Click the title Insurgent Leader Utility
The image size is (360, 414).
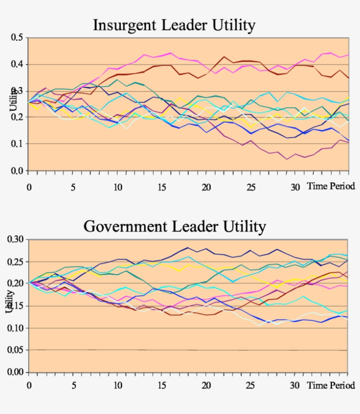174,25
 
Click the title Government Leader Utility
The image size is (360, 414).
174,227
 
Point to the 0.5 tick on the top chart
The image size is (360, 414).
17,38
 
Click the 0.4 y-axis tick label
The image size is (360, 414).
17,65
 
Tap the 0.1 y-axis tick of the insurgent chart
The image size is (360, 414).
17,144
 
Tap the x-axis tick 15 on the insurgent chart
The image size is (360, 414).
162,186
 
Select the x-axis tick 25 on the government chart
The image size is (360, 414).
250,386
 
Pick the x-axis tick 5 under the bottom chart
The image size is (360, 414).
73,386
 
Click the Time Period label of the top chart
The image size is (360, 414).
331,186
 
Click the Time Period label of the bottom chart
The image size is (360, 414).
331,385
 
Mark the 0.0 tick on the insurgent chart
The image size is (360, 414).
17,171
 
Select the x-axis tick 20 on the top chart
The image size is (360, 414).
206,186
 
